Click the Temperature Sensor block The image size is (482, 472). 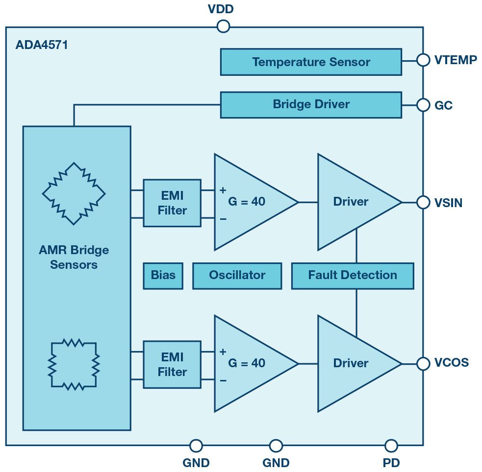coord(311,62)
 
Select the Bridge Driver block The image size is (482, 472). coord(311,105)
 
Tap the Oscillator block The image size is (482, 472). coord(237,275)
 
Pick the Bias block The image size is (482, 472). coord(163,275)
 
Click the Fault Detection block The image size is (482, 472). coord(352,275)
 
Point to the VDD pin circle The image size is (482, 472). coord(223,26)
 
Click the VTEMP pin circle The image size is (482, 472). coord(423,60)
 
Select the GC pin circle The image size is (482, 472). coord(423,105)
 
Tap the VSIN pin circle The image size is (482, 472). coord(423,202)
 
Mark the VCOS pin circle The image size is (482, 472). coord(423,363)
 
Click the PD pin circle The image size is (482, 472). coord(391,446)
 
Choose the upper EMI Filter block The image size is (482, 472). coord(172,203)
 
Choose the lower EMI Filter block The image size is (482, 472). coord(172,365)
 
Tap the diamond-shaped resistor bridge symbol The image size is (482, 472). coord(74,193)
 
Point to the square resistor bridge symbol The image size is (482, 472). coord(74,363)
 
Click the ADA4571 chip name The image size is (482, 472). coord(42,46)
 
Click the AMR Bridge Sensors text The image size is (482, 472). coord(74,258)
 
